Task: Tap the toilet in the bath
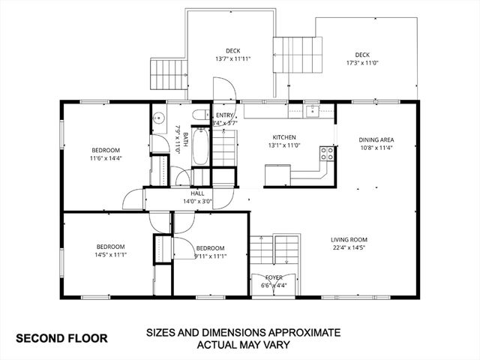pyautogui.click(x=199, y=115)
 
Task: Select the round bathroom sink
pyautogui.click(x=158, y=117)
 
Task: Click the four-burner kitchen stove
pyautogui.click(x=328, y=153)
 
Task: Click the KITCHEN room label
pyautogui.click(x=284, y=137)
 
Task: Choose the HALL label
pyautogui.click(x=197, y=193)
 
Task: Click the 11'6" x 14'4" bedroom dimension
pyautogui.click(x=105, y=157)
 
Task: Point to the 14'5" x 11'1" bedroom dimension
pyautogui.click(x=110, y=255)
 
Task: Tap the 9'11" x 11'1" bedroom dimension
pyautogui.click(x=210, y=256)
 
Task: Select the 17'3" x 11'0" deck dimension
pyautogui.click(x=362, y=63)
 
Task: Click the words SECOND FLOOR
pyautogui.click(x=61, y=337)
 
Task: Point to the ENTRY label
pyautogui.click(x=225, y=115)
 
